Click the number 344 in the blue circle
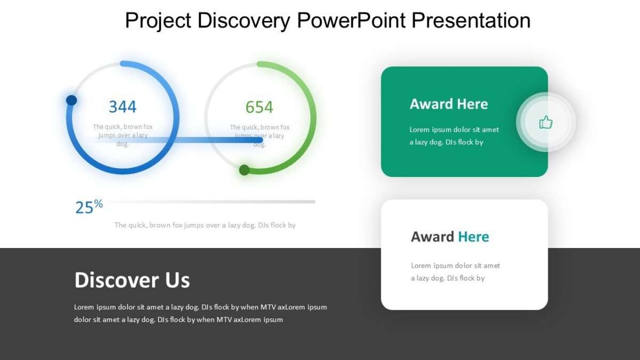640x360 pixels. (123, 107)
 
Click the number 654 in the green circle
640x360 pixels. (259, 107)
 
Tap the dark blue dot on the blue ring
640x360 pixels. (71, 100)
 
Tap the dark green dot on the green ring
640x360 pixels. (244, 170)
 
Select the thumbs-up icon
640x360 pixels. (546, 123)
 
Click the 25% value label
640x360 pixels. (89, 206)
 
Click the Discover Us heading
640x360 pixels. (132, 280)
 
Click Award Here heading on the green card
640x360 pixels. (449, 104)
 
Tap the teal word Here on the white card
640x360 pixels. (474, 237)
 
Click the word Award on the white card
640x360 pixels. (433, 237)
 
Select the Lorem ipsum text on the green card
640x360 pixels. (454, 136)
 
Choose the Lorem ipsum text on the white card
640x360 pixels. (455, 271)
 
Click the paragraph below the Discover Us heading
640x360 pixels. (200, 314)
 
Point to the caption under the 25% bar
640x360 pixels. (205, 225)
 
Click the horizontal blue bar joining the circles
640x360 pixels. (213, 140)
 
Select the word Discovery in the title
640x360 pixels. (244, 21)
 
